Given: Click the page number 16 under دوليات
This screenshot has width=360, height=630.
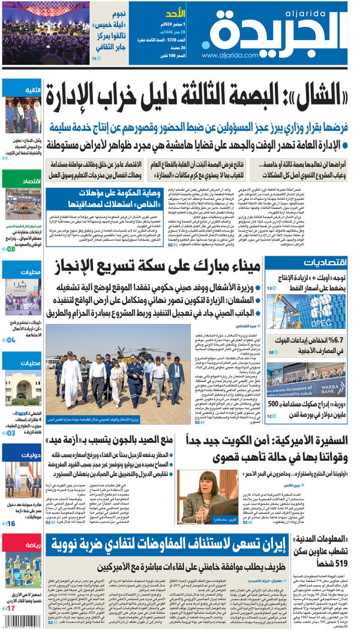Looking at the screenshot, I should (x=11, y=524).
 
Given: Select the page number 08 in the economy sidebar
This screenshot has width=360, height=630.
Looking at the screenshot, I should (x=11, y=248).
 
